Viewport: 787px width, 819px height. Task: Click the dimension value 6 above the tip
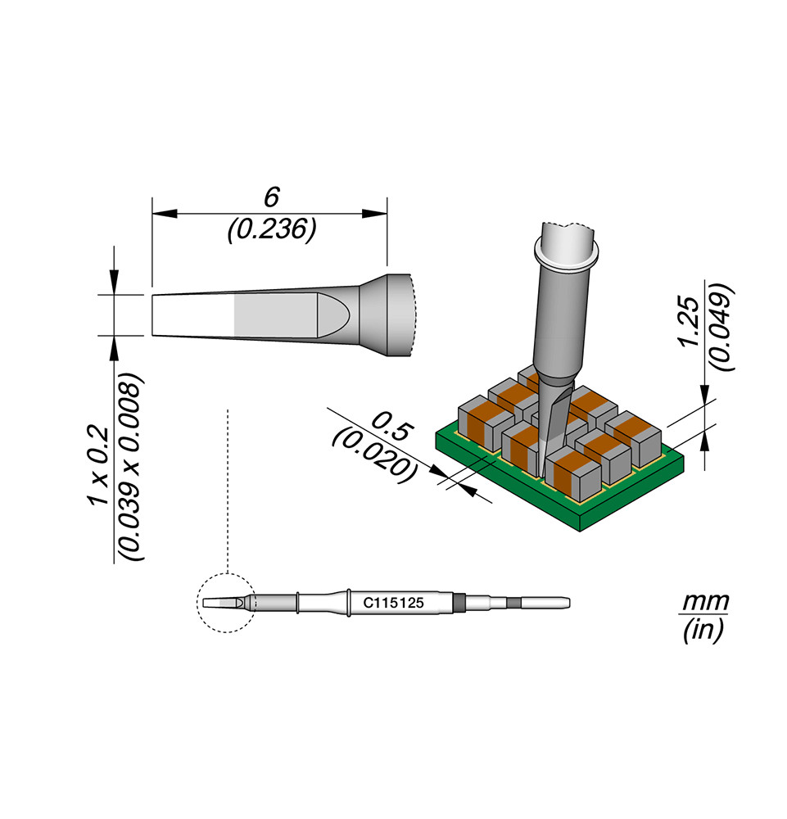pos(272,197)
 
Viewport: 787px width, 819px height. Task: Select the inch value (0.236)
pos(272,229)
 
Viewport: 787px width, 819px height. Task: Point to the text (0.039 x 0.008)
pos(129,467)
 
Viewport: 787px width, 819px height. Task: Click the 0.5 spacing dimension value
pos(393,426)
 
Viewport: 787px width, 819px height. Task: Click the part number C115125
pos(394,603)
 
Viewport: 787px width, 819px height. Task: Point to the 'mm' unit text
pos(706,602)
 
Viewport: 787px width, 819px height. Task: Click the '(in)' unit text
pos(703,629)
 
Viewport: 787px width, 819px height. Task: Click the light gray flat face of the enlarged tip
pos(276,314)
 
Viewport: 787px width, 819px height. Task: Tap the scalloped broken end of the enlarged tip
pos(414,315)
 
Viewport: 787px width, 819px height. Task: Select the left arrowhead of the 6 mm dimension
pos(164,213)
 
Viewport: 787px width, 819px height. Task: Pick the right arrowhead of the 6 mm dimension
pos(375,213)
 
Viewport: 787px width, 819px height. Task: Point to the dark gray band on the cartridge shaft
pos(459,603)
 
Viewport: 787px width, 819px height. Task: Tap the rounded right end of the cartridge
pos(568,604)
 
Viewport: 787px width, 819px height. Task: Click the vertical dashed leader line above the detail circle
pos(228,491)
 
